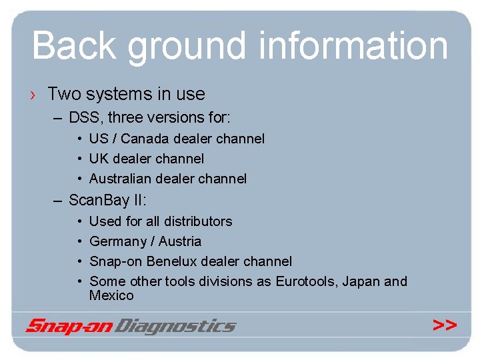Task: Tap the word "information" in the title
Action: (353, 45)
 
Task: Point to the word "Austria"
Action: (179, 241)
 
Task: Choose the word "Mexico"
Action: (111, 295)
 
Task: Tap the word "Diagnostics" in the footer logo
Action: (175, 326)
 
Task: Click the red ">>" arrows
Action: (445, 325)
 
